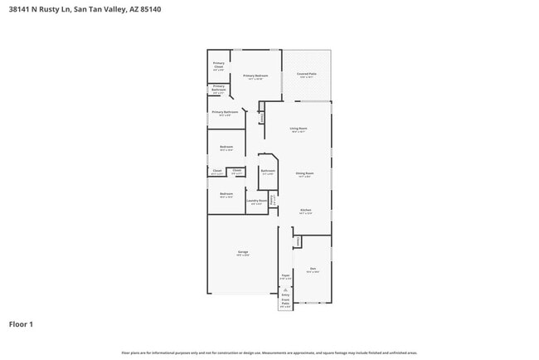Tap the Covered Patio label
307,75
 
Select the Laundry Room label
257,200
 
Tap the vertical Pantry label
272,200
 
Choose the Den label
313,268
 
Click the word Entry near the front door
285,294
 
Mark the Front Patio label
285,304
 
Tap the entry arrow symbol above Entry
285,288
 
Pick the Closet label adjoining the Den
298,240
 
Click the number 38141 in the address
19,11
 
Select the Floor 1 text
22,324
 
